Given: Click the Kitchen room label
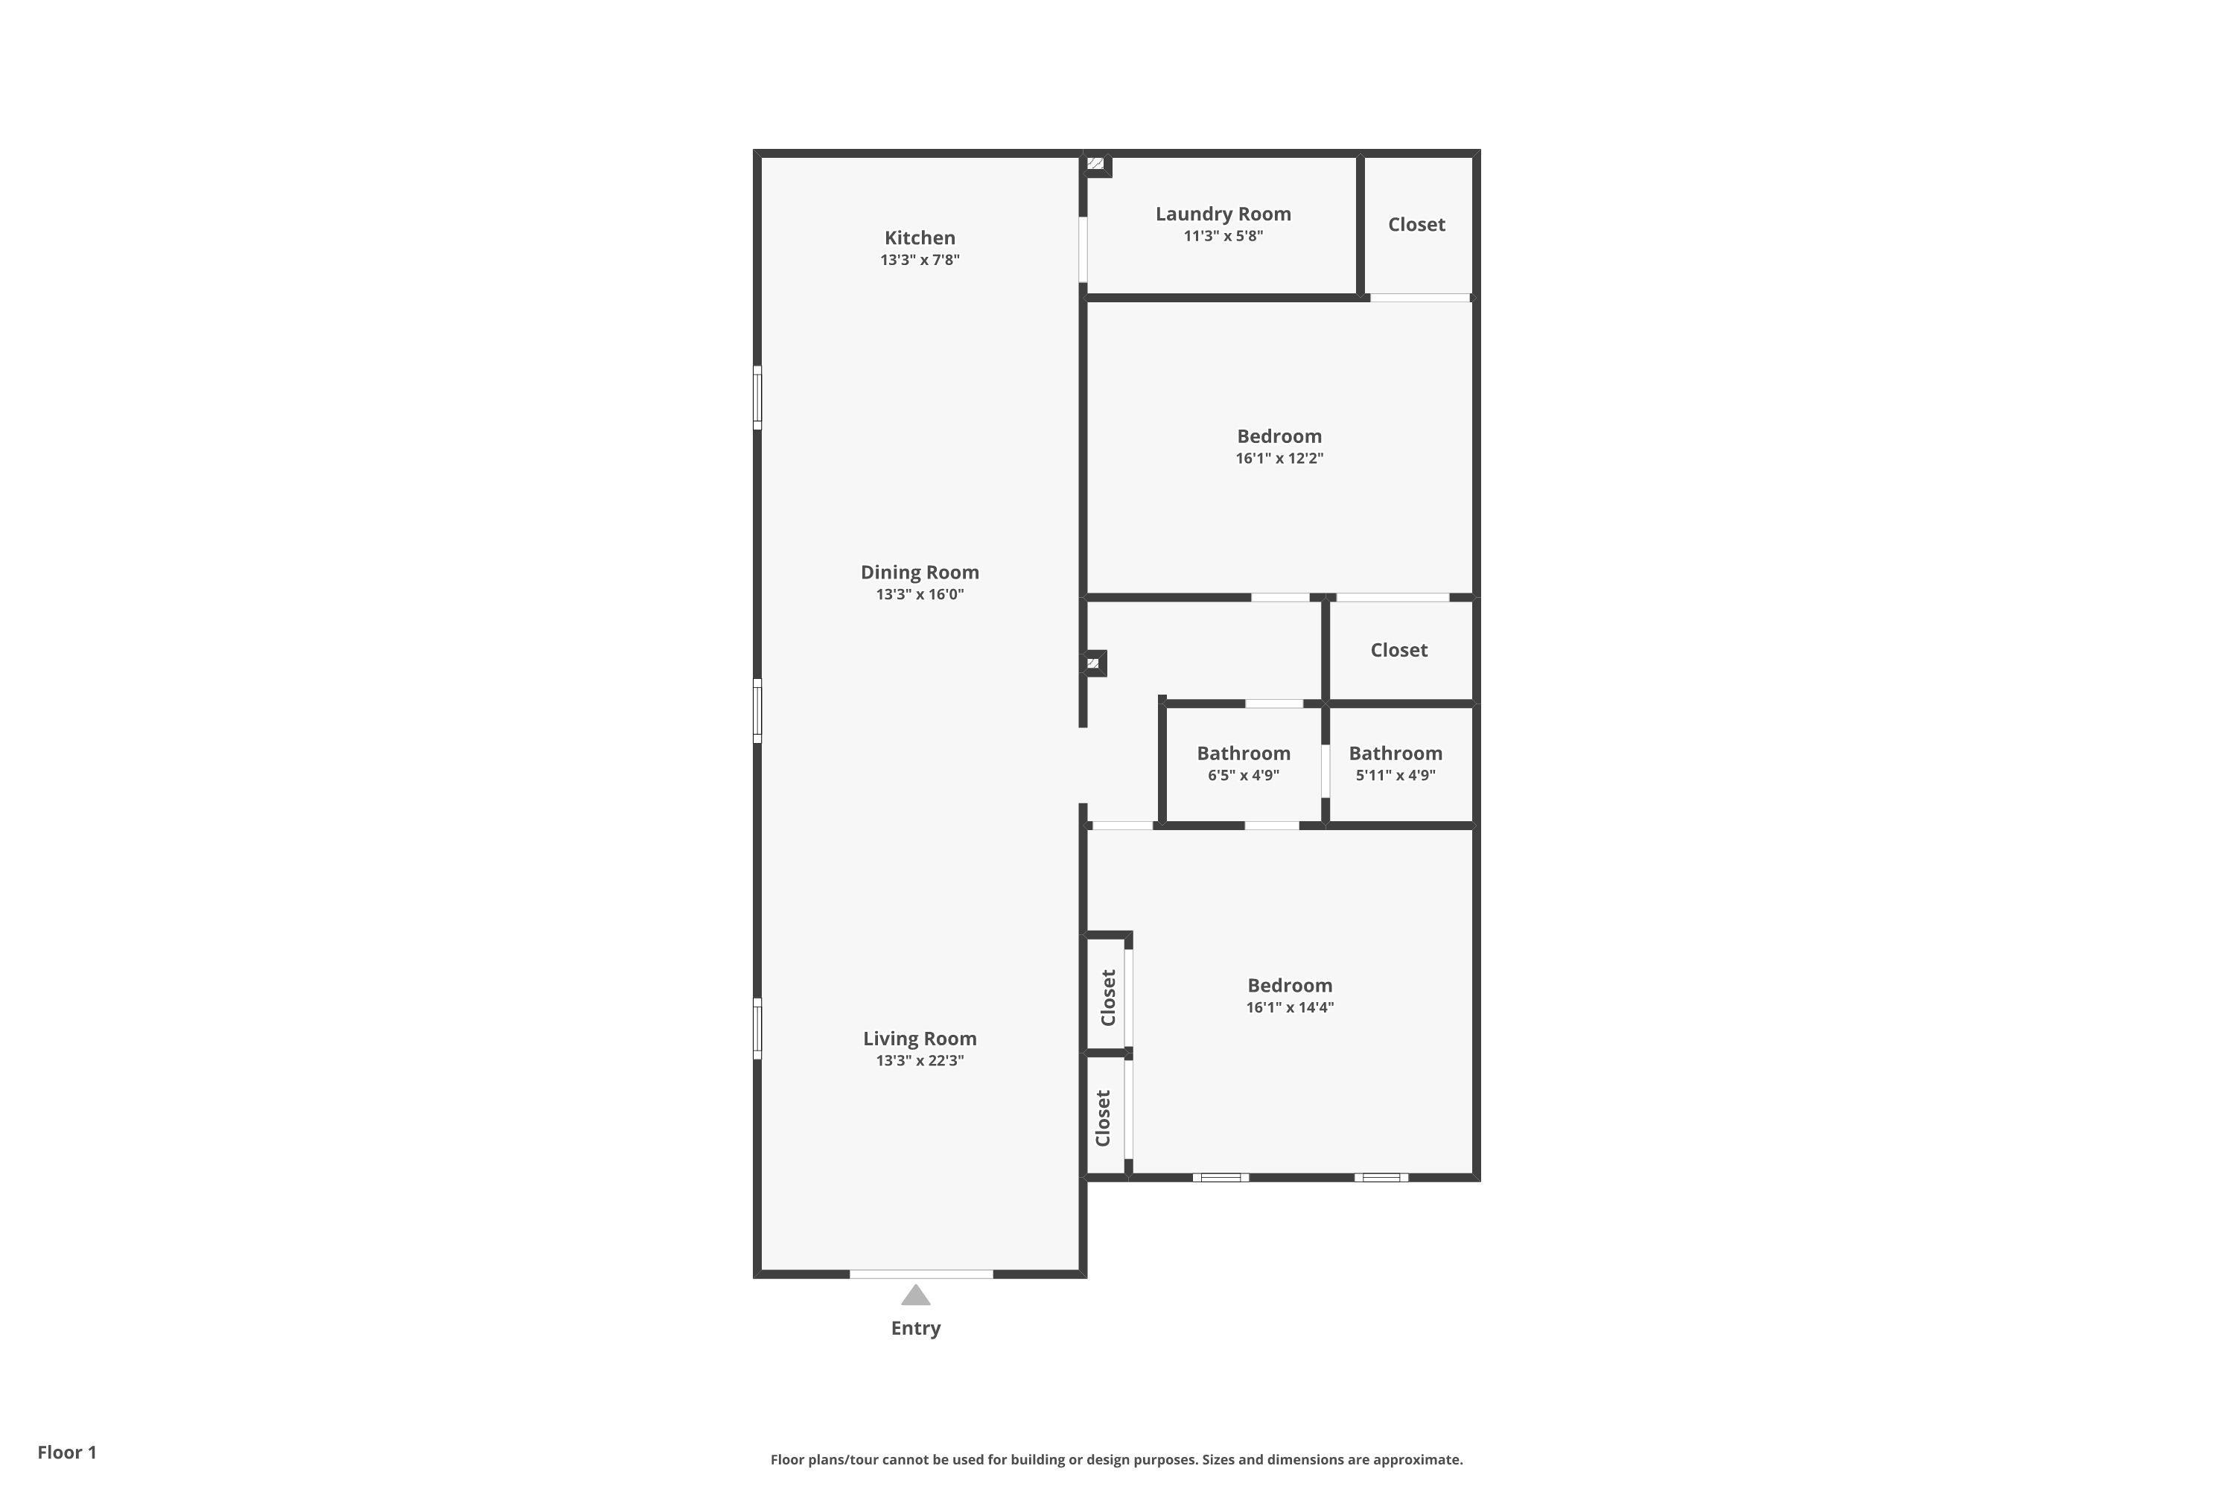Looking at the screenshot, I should (920, 237).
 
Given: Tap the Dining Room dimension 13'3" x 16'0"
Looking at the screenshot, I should (920, 594).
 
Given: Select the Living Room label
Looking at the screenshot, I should (920, 1038).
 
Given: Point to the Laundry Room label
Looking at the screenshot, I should (1223, 214).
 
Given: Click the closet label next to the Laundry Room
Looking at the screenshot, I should (1416, 224).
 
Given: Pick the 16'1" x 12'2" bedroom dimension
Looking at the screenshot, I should (1279, 459).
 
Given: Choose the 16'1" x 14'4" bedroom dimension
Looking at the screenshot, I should (1289, 1007).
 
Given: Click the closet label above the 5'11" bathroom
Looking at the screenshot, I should (1398, 649).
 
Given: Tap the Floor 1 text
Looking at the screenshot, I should (66, 1452).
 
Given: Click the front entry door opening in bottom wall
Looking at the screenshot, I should (920, 1273).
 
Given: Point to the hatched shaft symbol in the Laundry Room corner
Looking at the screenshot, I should (1095, 165).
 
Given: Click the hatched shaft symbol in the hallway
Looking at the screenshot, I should (1093, 663).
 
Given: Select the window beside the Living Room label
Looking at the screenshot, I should (757, 1027).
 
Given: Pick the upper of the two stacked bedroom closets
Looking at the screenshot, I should (1107, 996).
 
